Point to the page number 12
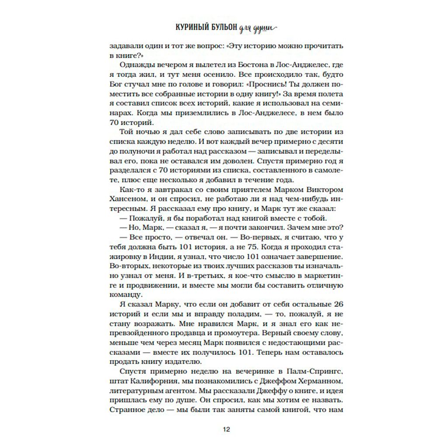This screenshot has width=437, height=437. pos(225,428)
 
